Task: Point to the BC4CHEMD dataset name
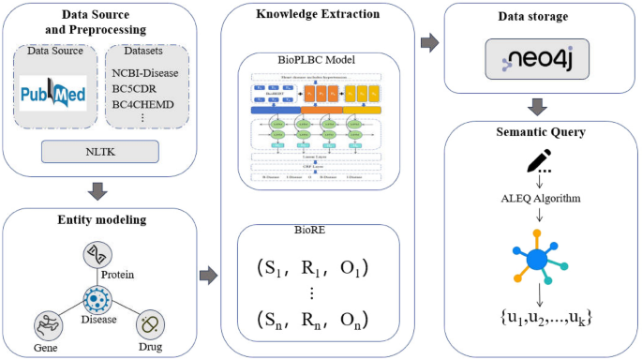pos(142,104)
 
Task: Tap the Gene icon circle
pos(47,326)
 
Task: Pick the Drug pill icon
pos(148,325)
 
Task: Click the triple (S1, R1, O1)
pos(311,267)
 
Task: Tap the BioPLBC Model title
pos(308,59)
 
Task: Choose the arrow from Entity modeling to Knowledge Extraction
pos(207,276)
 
